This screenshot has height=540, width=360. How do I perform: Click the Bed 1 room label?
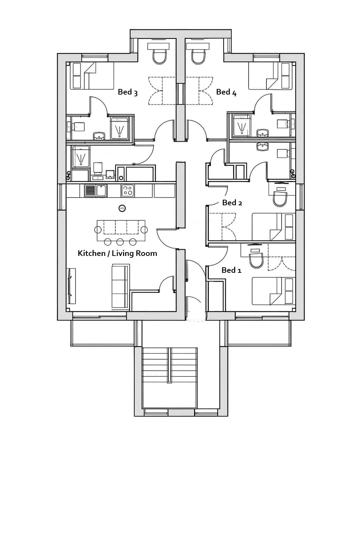231,270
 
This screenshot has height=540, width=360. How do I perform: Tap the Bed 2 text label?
232,202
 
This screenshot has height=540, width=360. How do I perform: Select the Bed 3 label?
128,92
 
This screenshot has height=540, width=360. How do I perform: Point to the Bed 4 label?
226,92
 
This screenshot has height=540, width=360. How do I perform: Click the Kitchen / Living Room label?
117,253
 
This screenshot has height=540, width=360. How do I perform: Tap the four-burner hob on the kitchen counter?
127,191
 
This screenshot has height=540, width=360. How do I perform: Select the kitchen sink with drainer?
96,191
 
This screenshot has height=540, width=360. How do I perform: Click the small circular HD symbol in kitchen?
122,208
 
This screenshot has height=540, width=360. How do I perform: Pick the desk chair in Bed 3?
159,56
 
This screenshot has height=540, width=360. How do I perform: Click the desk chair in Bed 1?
256,261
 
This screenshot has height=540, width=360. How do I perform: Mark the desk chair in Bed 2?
280,200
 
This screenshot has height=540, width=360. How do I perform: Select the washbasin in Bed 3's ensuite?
99,136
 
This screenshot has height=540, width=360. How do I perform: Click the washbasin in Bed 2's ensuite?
262,147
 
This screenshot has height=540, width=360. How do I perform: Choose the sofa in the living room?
120,287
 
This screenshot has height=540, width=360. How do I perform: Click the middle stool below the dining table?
120,242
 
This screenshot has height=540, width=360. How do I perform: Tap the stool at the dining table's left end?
98,230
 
